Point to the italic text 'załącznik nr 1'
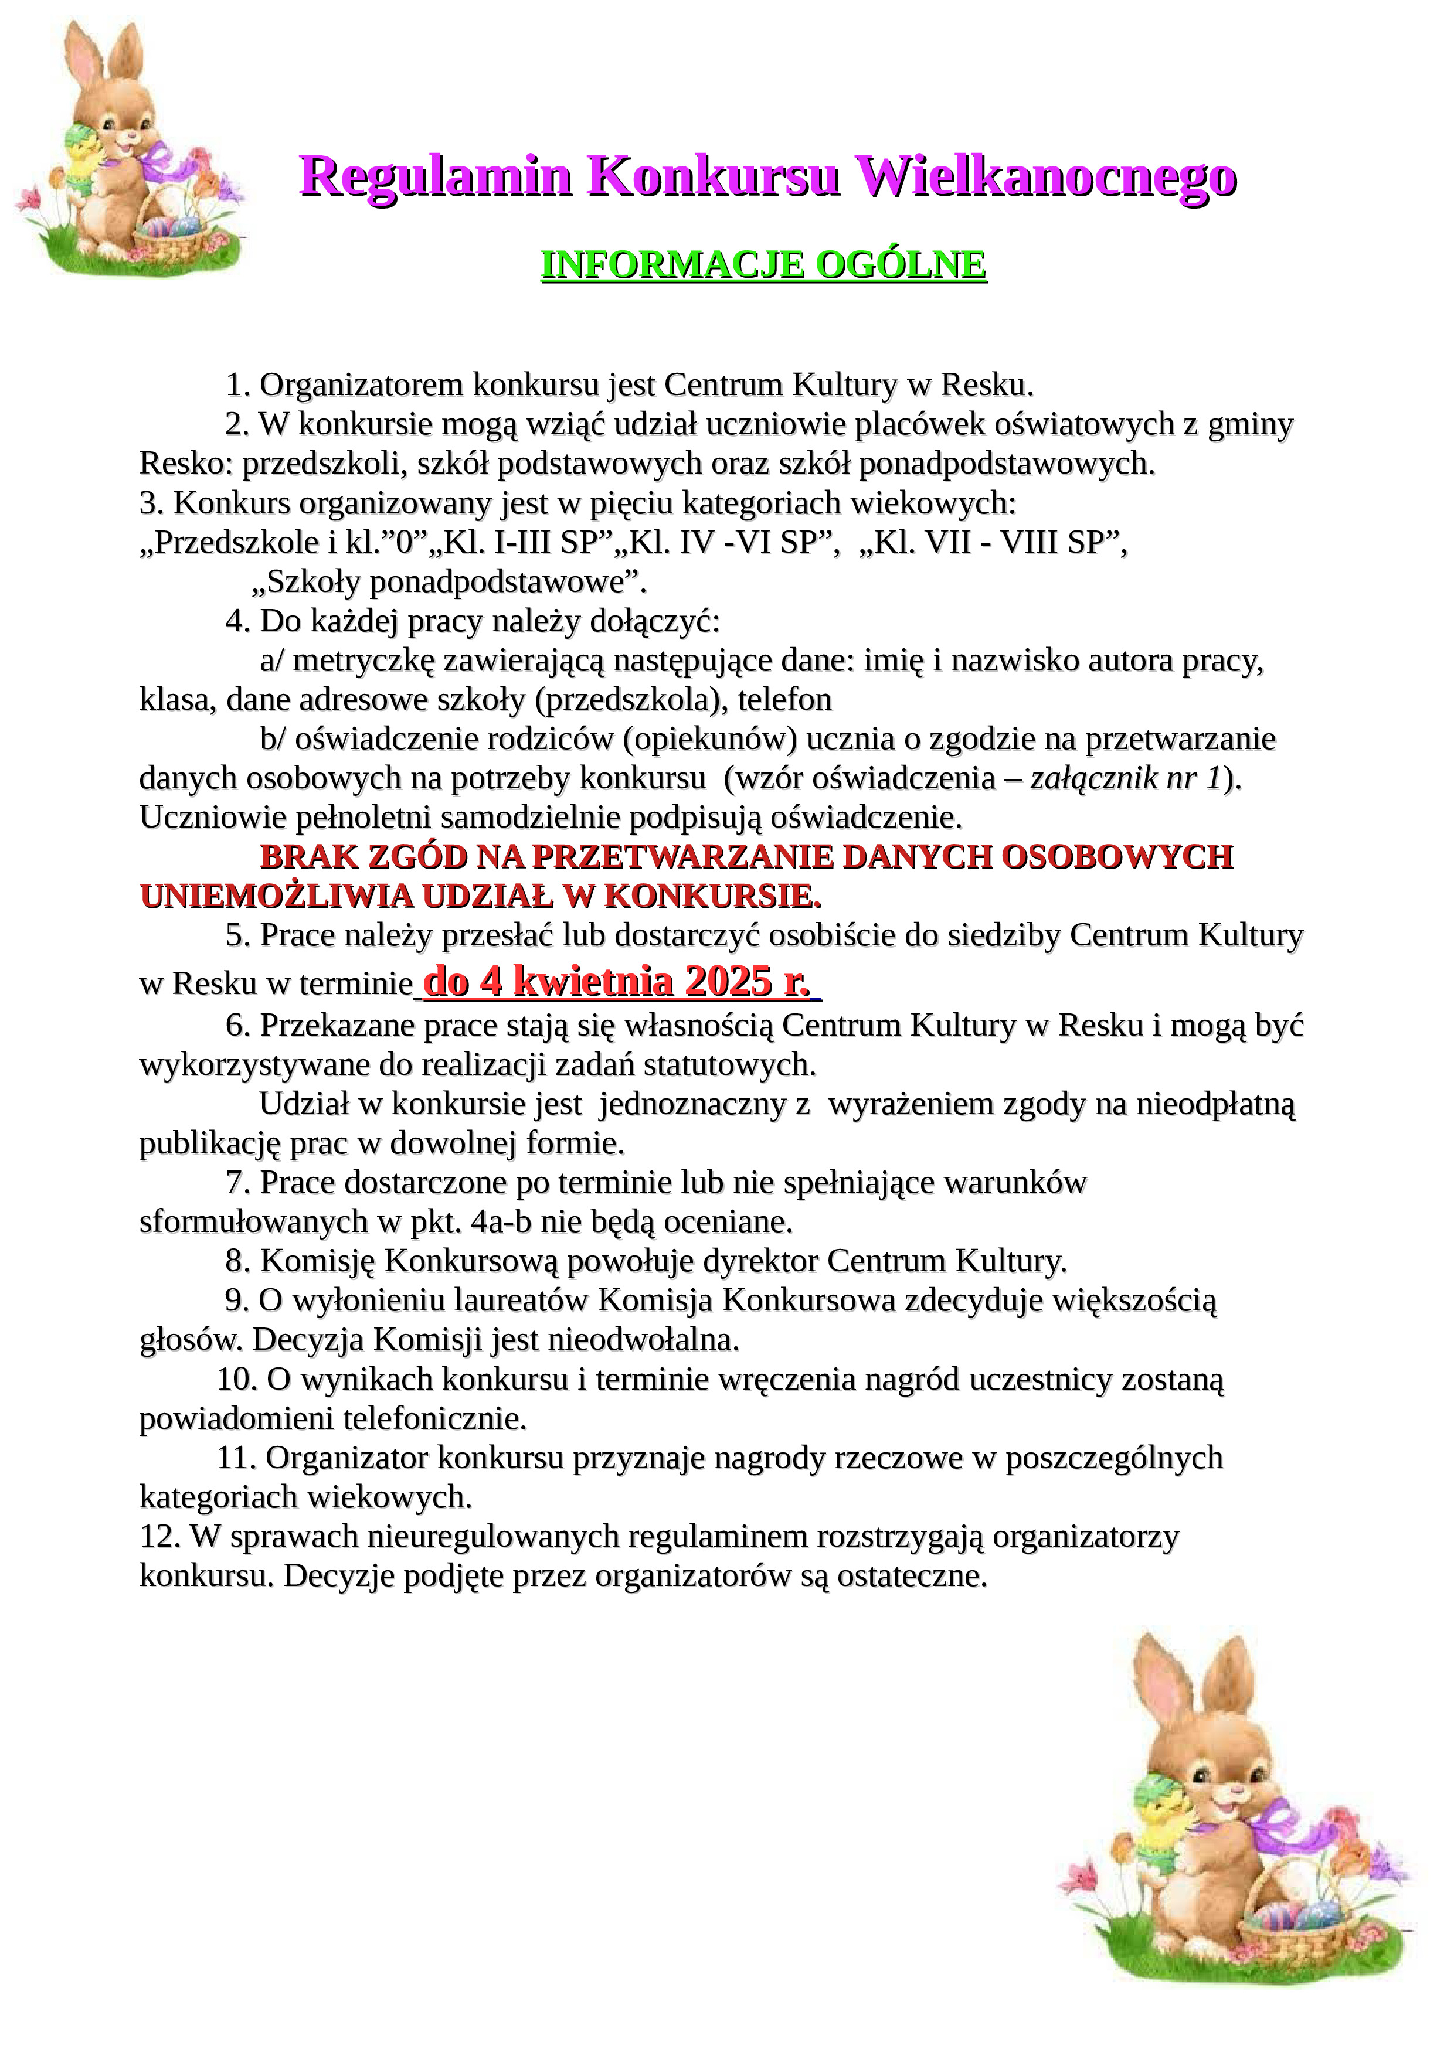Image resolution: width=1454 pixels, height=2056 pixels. [x=1125, y=778]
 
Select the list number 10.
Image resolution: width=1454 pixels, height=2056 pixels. [x=236, y=1379]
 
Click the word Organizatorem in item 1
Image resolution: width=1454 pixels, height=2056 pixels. [x=362, y=385]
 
